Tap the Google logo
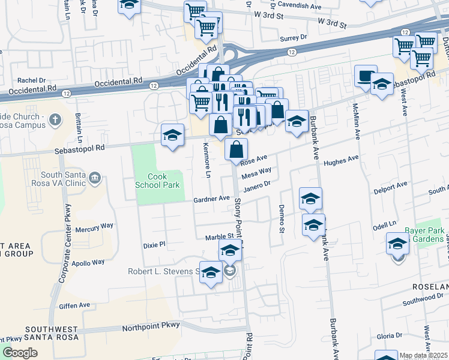[x=20, y=353]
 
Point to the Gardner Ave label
[x=211, y=198]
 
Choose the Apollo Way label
[x=88, y=262]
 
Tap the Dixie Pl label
[x=154, y=244]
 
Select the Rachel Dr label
[x=32, y=80]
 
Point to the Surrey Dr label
[x=294, y=38]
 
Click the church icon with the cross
[x=55, y=119]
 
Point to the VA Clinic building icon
[x=94, y=178]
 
